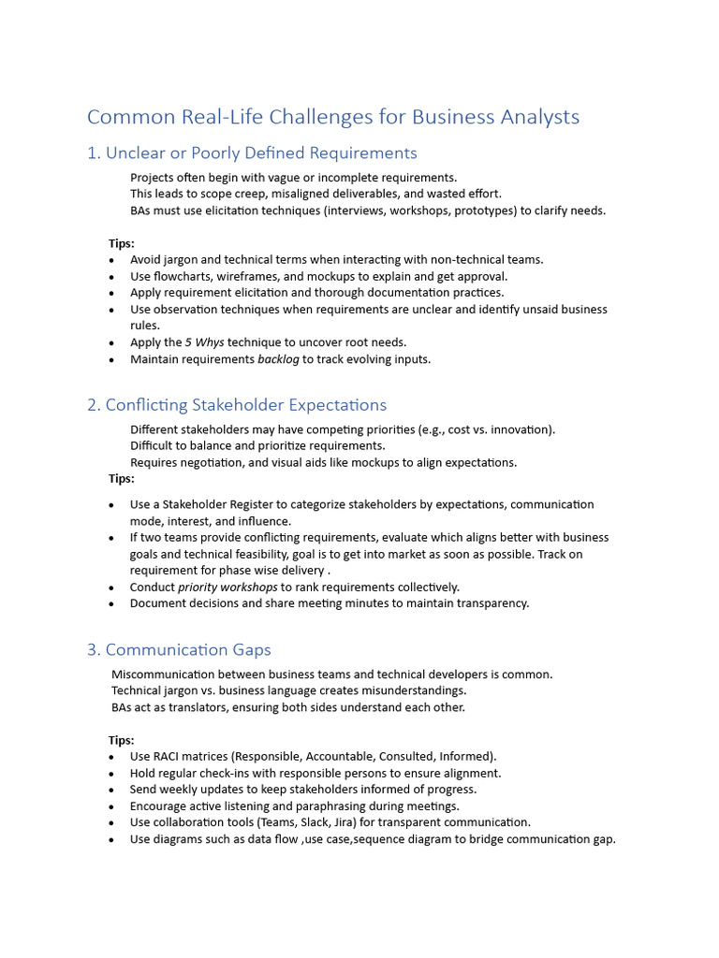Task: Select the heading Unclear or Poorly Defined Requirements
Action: [261, 152]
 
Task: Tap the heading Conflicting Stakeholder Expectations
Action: [245, 405]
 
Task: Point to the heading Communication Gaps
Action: [188, 649]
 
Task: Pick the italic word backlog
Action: [278, 359]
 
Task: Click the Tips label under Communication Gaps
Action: [122, 740]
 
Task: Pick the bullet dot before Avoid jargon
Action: [112, 260]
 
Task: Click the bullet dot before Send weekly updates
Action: [112, 790]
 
